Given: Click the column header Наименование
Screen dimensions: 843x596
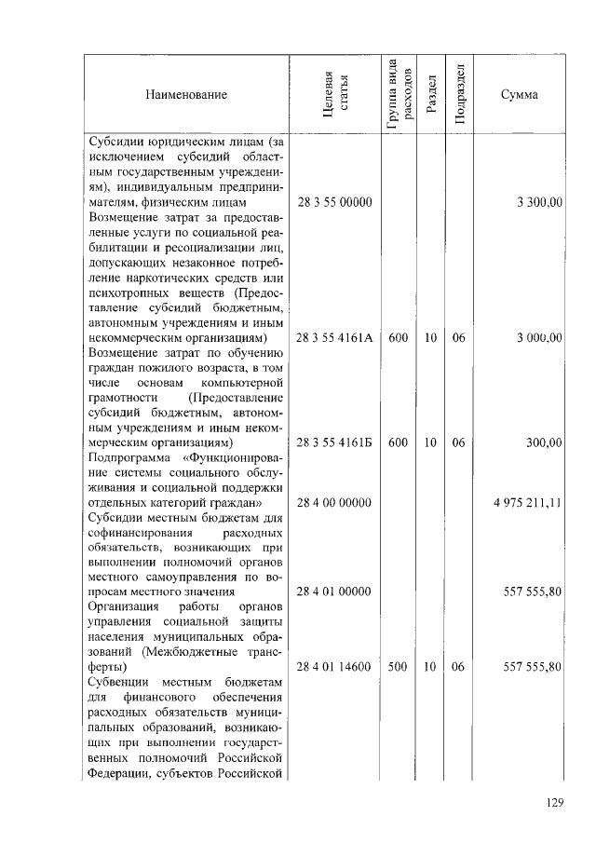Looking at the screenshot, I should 185,94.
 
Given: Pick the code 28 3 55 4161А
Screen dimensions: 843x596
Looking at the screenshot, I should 334,337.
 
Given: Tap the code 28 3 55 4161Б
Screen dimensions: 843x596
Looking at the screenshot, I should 334,442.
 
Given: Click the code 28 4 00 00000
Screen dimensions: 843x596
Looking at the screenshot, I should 334,503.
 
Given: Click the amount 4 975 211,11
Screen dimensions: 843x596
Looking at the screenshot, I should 528,503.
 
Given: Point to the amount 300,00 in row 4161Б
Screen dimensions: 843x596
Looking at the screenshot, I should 544,442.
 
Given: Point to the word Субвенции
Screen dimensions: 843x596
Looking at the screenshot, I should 120,682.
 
